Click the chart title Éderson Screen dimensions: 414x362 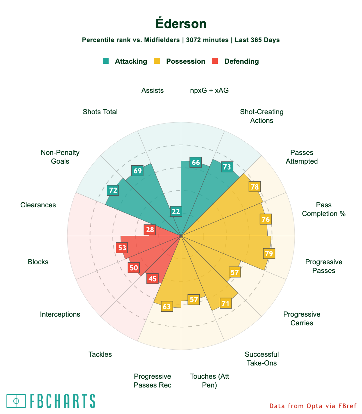click(x=181, y=24)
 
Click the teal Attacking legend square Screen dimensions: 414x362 click(x=106, y=61)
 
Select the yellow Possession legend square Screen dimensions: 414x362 click(x=156, y=61)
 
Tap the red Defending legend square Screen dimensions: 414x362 click(x=215, y=61)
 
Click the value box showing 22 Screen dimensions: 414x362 click(x=176, y=212)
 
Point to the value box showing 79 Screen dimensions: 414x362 click(x=269, y=254)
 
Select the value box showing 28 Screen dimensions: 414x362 click(x=150, y=230)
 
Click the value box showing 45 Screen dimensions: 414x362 click(x=153, y=278)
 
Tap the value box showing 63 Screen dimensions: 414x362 click(x=167, y=306)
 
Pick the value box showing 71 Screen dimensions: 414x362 click(x=226, y=303)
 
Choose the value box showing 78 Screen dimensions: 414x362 click(x=255, y=187)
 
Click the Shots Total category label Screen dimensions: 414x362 click(x=100, y=112)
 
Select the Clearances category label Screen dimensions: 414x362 click(x=38, y=205)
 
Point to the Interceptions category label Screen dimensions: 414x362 click(x=60, y=314)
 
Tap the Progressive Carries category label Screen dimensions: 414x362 click(x=302, y=319)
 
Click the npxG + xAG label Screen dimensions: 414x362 click(x=209, y=91)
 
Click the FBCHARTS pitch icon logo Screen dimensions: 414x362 click(x=16, y=401)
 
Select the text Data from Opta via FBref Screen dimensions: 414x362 click(x=313, y=406)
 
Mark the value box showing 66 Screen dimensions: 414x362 click(x=196, y=163)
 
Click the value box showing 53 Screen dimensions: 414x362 click(x=122, y=248)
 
